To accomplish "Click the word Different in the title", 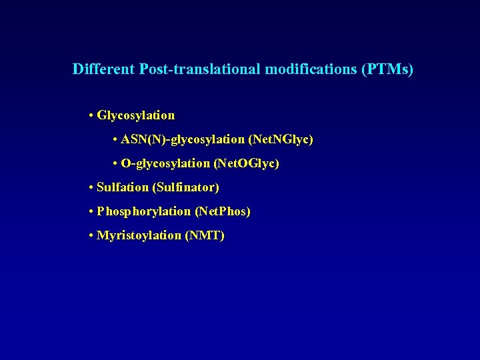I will pyautogui.click(x=103, y=69).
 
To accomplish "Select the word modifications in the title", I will pyautogui.click(x=311, y=69).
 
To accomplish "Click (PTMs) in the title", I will pyautogui.click(x=387, y=69).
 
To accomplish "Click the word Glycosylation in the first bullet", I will pyautogui.click(x=136, y=116).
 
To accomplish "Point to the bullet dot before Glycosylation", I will pyautogui.click(x=91, y=116).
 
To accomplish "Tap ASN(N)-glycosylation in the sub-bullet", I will pyautogui.click(x=183, y=140).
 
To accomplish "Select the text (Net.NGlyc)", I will pyautogui.click(x=281, y=140).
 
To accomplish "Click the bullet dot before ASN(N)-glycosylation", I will pyautogui.click(x=115, y=140).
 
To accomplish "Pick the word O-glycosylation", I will pyautogui.click(x=165, y=164).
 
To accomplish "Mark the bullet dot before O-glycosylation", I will pyautogui.click(x=115, y=164).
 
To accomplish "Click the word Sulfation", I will pyautogui.click(x=123, y=188).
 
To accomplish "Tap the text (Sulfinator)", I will pyautogui.click(x=186, y=188).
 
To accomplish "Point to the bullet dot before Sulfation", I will pyautogui.click(x=91, y=188).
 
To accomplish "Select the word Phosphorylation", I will pyautogui.click(x=143, y=212).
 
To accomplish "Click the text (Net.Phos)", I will pyautogui.click(x=223, y=212).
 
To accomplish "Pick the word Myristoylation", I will pyautogui.click(x=139, y=236).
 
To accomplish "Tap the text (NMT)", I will pyautogui.click(x=205, y=236).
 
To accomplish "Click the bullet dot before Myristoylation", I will pyautogui.click(x=91, y=236).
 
